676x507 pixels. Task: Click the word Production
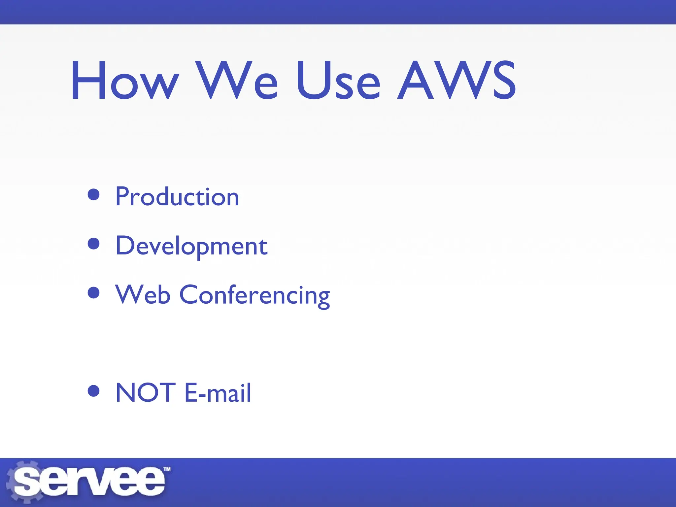point(177,197)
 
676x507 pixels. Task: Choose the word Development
point(191,246)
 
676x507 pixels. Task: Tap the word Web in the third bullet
point(143,294)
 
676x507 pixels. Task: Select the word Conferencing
point(254,295)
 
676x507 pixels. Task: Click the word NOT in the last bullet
point(145,392)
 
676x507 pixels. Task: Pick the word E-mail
point(218,392)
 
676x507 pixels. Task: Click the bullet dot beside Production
point(94,194)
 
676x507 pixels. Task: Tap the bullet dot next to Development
point(94,244)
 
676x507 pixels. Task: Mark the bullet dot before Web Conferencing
point(94,292)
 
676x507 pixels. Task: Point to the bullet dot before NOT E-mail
point(94,391)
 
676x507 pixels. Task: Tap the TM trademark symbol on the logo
point(167,469)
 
